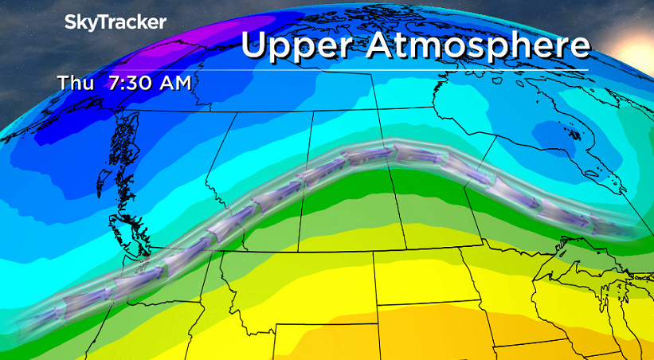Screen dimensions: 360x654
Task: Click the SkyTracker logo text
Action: coord(115,22)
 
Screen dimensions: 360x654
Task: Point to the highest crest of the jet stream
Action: coord(374,152)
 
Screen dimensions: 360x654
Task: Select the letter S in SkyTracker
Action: coord(70,22)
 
